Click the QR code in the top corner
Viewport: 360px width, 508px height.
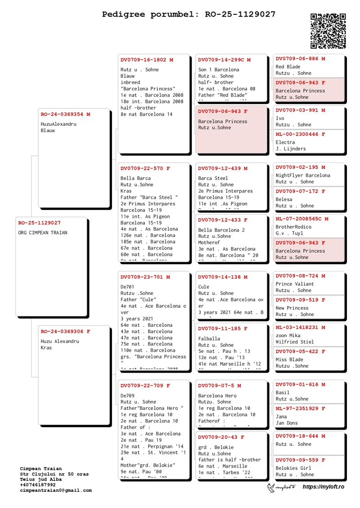[x=328, y=31]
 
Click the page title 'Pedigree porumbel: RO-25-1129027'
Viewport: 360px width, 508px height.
[x=189, y=14]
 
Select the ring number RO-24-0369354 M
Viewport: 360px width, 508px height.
[x=65, y=114]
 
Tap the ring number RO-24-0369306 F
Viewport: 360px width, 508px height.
[x=65, y=332]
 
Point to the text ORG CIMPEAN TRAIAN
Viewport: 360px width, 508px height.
[x=43, y=233]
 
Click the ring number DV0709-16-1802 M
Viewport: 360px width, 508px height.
[x=147, y=60]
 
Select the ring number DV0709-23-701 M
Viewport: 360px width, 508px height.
[x=145, y=277]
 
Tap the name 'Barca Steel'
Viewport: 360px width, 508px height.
[x=213, y=178]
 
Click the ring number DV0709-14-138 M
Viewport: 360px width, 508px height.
[x=223, y=277]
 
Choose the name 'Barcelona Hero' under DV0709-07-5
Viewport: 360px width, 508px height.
[x=217, y=396]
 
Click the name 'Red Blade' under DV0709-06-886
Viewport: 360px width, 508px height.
[x=288, y=67]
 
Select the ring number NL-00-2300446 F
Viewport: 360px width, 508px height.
[x=300, y=134]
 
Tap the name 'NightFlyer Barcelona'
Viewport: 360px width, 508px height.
[x=303, y=176]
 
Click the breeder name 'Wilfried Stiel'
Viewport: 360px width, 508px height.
[x=295, y=342]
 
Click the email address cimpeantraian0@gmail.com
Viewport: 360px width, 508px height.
[x=56, y=490]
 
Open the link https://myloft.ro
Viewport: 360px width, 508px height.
[x=323, y=487]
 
